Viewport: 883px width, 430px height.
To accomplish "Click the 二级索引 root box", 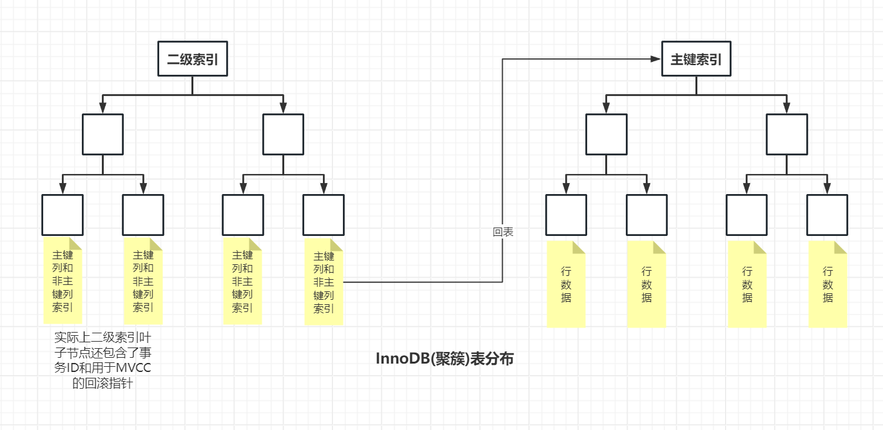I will click(193, 59).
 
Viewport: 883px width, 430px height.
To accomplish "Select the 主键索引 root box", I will click(696, 59).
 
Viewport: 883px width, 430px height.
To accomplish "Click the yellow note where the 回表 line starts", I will click(324, 282).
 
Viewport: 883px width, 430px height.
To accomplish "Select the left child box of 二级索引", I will click(102, 134).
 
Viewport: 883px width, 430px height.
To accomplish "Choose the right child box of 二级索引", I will click(283, 134).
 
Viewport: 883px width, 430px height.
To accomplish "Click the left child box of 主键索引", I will click(606, 134).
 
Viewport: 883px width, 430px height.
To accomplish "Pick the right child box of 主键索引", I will click(786, 134).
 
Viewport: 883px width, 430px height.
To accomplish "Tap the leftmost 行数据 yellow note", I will click(566, 284).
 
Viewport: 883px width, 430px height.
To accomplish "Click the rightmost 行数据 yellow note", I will click(828, 284).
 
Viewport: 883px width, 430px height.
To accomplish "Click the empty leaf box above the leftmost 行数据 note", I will click(566, 215).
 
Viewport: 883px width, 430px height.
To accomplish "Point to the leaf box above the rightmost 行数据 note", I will click(827, 215).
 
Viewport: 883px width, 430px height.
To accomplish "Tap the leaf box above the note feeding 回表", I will click(324, 215).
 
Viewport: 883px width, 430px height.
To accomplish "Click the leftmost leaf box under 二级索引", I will click(63, 215).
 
